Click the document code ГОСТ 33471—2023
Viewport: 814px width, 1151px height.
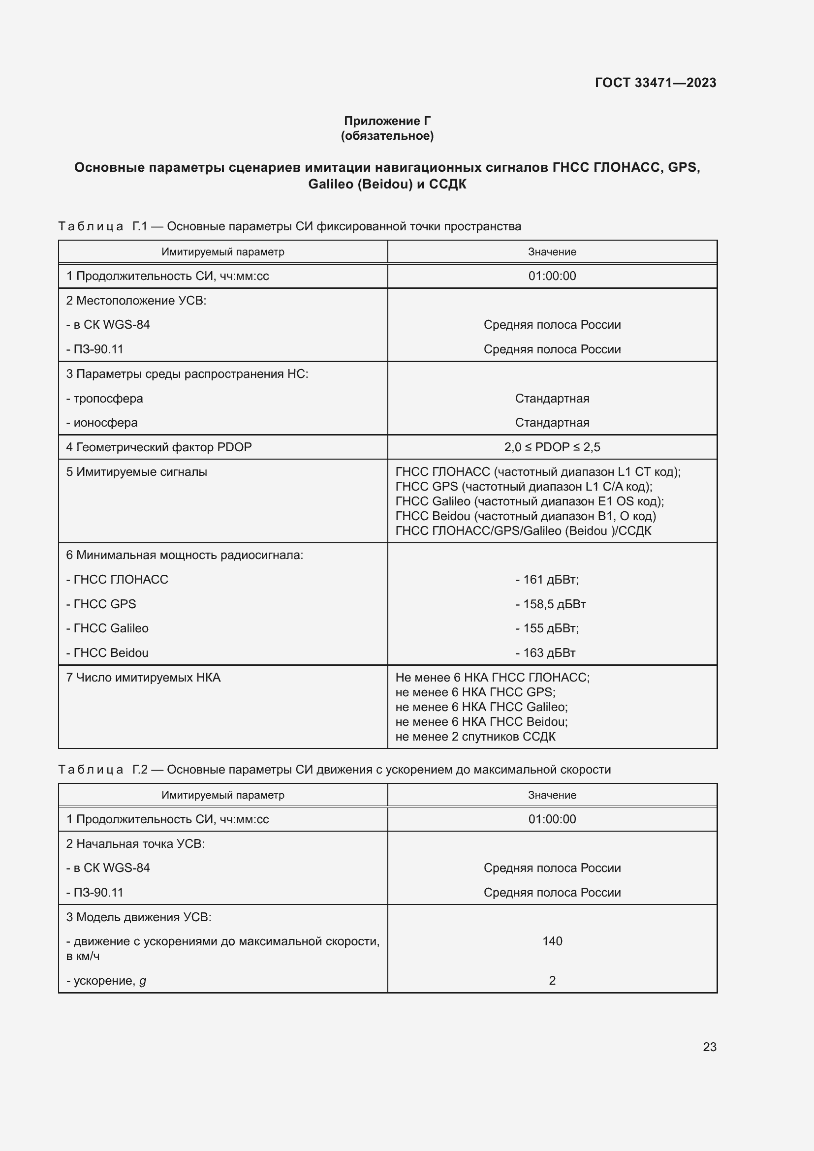click(655, 83)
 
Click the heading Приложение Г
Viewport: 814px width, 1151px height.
click(387, 121)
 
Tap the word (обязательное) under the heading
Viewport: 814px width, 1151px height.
click(387, 136)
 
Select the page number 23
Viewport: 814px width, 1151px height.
click(709, 1047)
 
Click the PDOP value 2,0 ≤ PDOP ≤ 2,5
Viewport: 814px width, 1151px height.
click(552, 447)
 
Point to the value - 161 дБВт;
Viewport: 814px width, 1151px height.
click(547, 580)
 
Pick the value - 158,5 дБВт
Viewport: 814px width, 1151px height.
click(550, 604)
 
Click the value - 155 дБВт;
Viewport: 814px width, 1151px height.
click(547, 628)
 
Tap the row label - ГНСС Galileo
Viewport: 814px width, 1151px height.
click(107, 628)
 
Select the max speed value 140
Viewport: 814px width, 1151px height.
click(552, 941)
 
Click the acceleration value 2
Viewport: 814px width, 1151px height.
click(552, 980)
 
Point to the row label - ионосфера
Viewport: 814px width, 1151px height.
click(102, 423)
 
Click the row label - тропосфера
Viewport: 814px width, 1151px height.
click(105, 399)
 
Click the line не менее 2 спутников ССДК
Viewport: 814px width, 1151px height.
click(475, 737)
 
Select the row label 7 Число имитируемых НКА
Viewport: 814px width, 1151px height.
click(143, 678)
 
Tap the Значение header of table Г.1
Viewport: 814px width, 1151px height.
click(552, 251)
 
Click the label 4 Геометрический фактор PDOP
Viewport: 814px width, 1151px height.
click(159, 447)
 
